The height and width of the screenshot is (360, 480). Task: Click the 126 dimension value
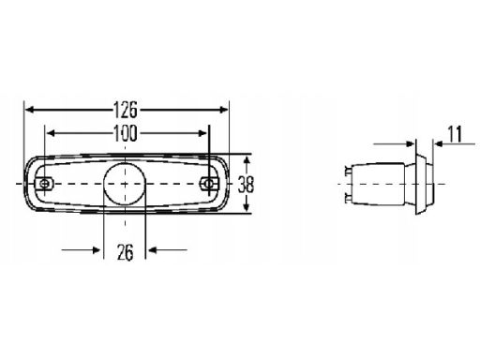point(125,110)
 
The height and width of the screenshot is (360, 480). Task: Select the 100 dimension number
point(125,133)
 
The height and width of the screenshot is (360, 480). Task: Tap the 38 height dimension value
point(246,184)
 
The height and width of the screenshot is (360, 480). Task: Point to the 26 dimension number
point(125,252)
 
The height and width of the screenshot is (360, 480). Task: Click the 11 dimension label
point(455,134)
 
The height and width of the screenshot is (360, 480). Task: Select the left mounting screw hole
point(45,184)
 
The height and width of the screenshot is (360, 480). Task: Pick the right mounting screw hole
point(209,184)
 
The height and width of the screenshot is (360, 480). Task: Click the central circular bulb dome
point(125,184)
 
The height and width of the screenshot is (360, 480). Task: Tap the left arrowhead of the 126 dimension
point(29,110)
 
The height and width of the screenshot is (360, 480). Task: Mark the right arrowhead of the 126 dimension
point(224,110)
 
